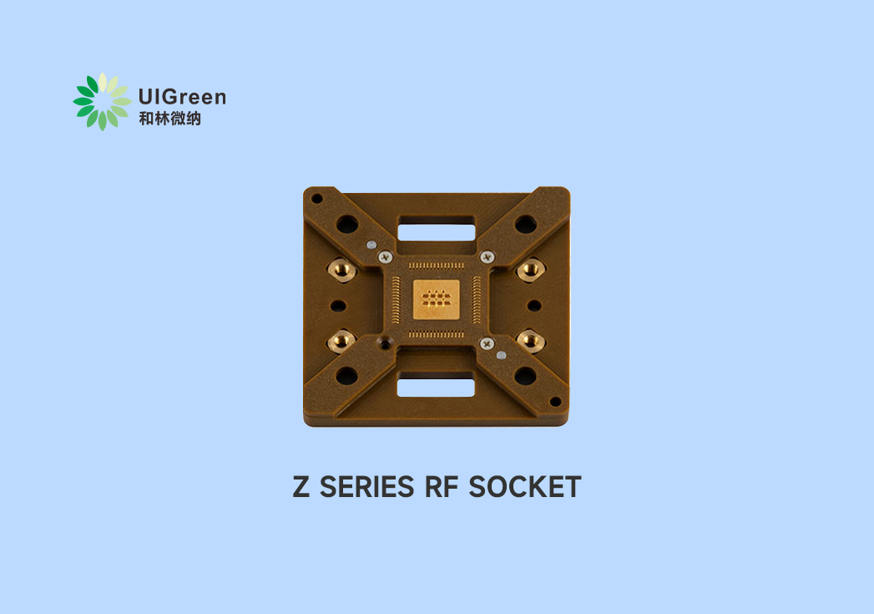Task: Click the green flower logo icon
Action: (102, 101)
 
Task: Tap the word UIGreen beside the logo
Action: (182, 97)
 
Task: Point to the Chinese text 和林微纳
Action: (169, 119)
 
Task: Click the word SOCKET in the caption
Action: (524, 487)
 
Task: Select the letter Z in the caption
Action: (301, 487)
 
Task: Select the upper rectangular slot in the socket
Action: (436, 230)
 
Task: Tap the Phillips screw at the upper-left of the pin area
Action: (385, 258)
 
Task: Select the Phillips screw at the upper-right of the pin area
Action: (487, 257)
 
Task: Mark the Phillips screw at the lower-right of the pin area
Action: (486, 342)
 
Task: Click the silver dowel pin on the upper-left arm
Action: (371, 246)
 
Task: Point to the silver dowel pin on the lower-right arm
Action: (500, 355)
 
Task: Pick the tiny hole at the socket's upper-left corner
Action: (316, 200)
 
